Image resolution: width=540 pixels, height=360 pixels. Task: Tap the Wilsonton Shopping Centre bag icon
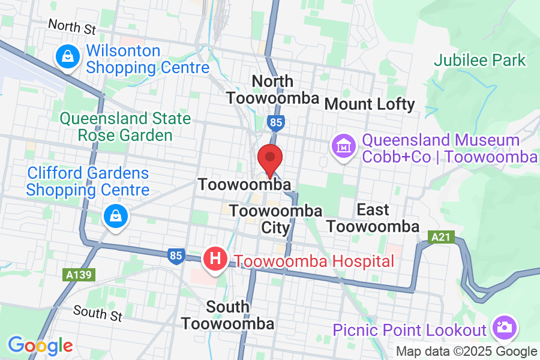(x=68, y=58)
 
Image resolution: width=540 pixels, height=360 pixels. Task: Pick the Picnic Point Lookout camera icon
(x=503, y=327)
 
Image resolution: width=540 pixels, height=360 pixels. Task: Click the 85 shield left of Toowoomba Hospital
(x=176, y=256)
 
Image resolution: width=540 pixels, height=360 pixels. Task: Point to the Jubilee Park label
(x=480, y=61)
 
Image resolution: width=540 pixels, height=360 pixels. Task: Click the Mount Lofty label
(x=370, y=104)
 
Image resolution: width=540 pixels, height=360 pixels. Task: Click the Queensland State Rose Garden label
(x=125, y=127)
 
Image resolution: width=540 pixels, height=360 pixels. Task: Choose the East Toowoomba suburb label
(x=373, y=218)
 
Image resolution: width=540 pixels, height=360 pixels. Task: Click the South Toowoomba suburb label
(x=228, y=316)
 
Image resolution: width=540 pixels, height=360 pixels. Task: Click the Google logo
(x=40, y=346)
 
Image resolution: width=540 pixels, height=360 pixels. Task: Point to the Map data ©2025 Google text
(x=467, y=352)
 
